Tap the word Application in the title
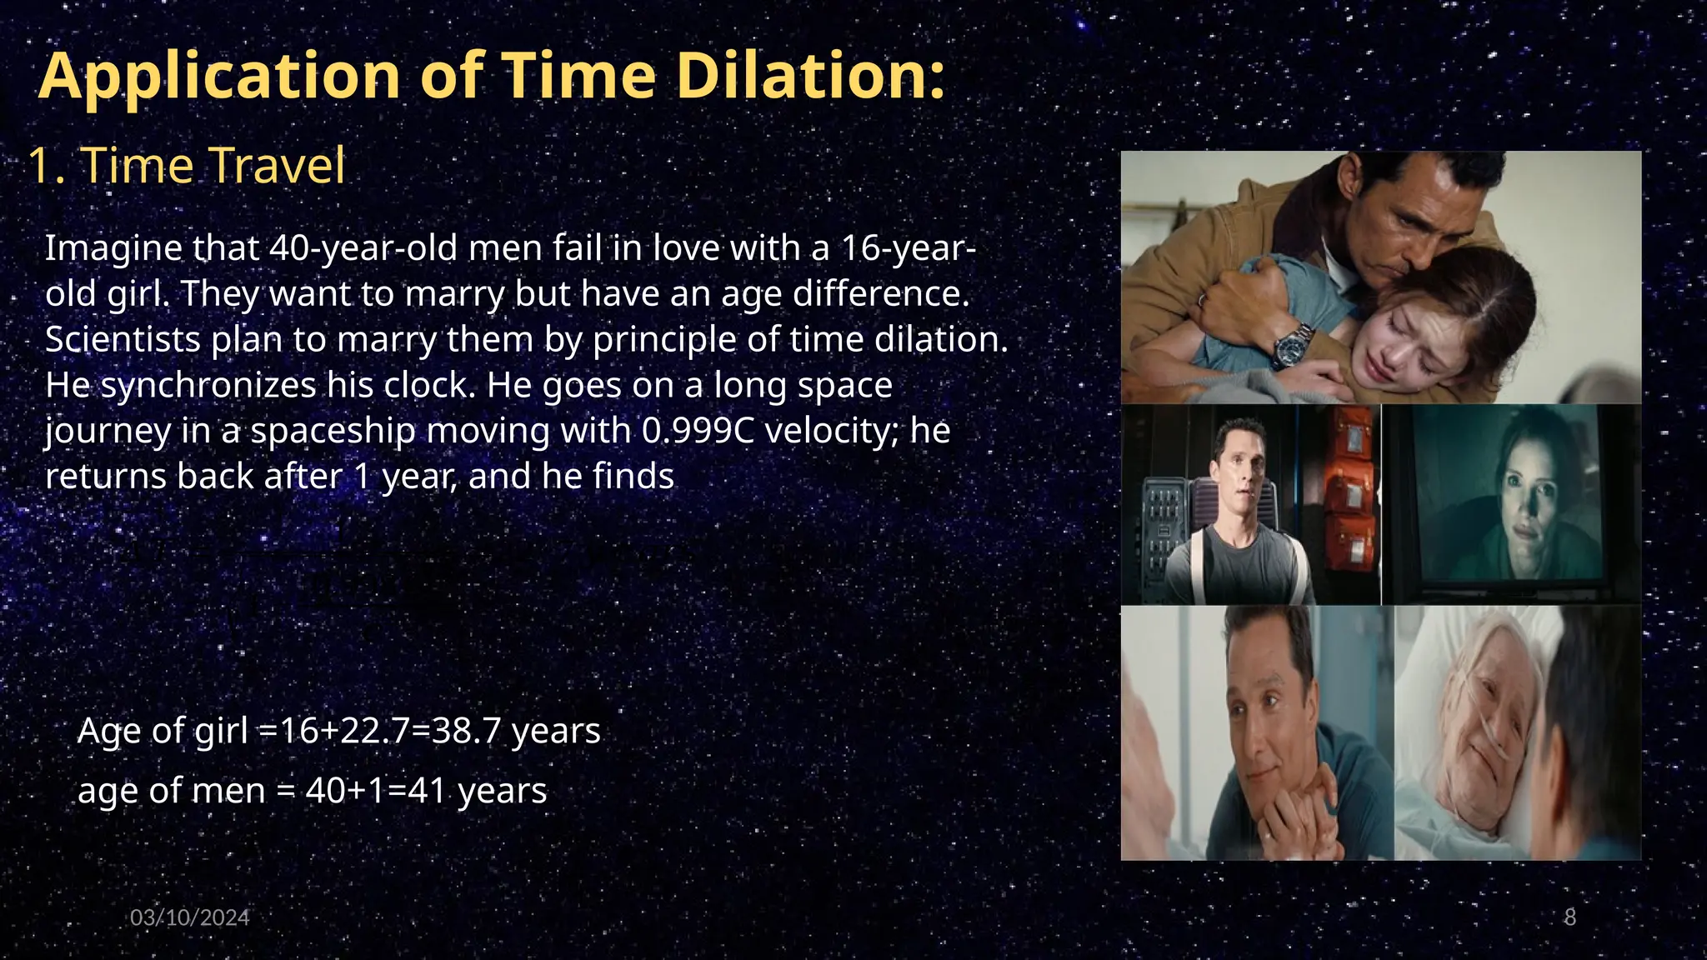point(220,77)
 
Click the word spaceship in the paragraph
point(333,431)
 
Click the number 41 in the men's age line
point(427,791)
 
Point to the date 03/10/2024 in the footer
point(190,917)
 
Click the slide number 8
point(1569,917)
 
